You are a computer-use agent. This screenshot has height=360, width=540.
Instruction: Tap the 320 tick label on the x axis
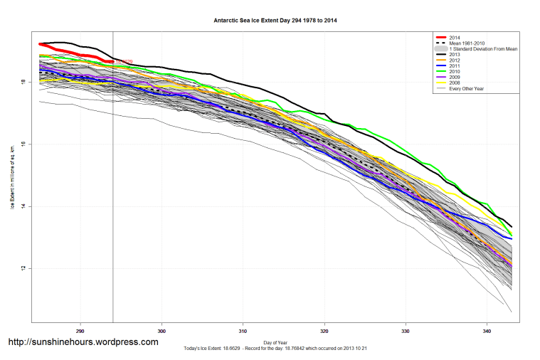(324, 331)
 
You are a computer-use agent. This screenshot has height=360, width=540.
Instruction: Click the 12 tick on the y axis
(24, 268)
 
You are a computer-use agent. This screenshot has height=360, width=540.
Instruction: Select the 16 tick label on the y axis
(24, 144)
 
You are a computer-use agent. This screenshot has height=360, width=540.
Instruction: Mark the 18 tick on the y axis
(24, 83)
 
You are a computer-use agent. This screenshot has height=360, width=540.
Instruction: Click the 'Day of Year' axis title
(275, 343)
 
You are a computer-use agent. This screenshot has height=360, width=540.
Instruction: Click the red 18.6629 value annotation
(124, 62)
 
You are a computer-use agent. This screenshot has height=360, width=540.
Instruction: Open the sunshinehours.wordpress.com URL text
(83, 342)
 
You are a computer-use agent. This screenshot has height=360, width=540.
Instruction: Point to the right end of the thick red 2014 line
(112, 63)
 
